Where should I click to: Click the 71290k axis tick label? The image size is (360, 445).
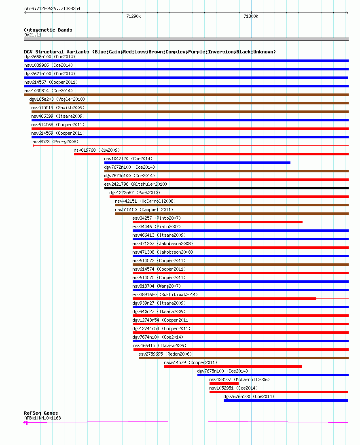pyautogui.click(x=133, y=17)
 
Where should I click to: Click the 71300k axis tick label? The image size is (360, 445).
pyautogui.click(x=251, y=17)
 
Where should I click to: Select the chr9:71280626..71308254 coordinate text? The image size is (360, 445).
pyautogui.click(x=52, y=8)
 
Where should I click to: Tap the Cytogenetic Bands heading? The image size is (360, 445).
pyautogui.click(x=48, y=30)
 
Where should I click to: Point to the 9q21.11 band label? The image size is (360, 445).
pyautogui.click(x=33, y=35)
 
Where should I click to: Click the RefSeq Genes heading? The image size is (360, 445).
pyautogui.click(x=41, y=413)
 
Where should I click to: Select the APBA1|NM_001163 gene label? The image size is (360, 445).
pyautogui.click(x=42, y=418)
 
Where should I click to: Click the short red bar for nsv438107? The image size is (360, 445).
pyautogui.click(x=224, y=384)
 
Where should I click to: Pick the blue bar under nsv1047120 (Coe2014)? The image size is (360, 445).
pyautogui.click(x=197, y=163)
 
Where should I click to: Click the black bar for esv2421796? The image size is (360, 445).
pyautogui.click(x=227, y=188)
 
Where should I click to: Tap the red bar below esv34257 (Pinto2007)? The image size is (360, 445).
pyautogui.click(x=217, y=222)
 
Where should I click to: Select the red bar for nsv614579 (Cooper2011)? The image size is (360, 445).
pyautogui.click(x=233, y=367)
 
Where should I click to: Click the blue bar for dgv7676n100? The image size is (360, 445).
pyautogui.click(x=286, y=400)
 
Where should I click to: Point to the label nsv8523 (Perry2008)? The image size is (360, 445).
pyautogui.click(x=55, y=142)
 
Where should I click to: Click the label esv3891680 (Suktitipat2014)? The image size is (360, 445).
pyautogui.click(x=165, y=295)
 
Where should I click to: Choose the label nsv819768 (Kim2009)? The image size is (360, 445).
pyautogui.click(x=97, y=150)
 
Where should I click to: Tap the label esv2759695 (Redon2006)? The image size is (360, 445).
pyautogui.click(x=165, y=354)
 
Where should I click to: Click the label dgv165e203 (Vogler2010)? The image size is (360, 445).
pyautogui.click(x=57, y=99)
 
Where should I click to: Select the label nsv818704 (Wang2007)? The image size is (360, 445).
pyautogui.click(x=157, y=286)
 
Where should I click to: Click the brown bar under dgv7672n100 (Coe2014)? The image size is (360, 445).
pyautogui.click(x=227, y=171)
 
